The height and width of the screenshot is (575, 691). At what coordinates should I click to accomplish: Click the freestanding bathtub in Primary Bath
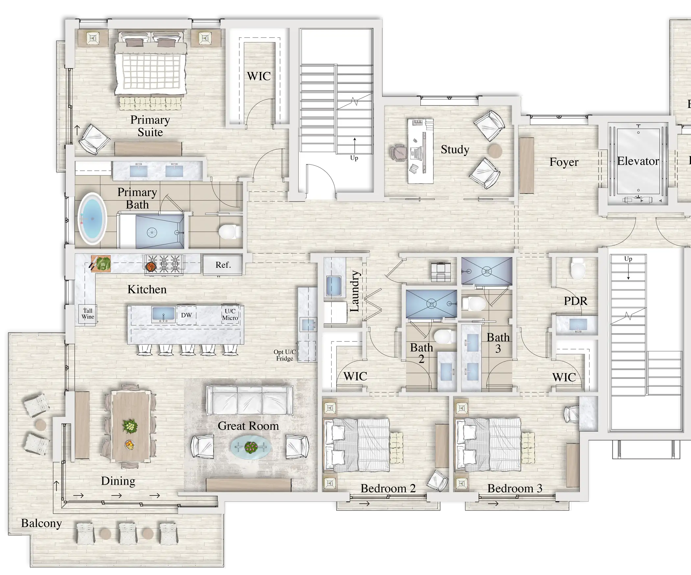coord(92,218)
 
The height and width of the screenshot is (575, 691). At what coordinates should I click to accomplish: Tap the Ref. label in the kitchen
coord(223,265)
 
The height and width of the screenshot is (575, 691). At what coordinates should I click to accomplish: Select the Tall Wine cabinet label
coord(88,313)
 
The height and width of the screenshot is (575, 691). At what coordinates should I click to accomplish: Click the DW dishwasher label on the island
coord(186,315)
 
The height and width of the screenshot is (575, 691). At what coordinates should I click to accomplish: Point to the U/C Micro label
coord(230,314)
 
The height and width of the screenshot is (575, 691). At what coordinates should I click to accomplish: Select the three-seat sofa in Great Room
coord(250,400)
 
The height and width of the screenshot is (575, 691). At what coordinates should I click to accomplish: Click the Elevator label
coord(638,161)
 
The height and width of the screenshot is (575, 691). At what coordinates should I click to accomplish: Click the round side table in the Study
coord(495,151)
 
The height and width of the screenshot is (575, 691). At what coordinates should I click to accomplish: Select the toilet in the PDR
coord(577,268)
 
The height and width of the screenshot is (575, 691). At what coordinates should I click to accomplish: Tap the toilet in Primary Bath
coord(230,232)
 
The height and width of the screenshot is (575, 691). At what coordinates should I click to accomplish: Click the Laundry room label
coord(354,291)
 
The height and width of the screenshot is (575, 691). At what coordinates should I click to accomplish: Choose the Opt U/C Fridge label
coord(285,355)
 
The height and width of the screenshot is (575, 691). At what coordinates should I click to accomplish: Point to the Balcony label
coord(41,523)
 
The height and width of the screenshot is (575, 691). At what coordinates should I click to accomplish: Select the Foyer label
coord(564,162)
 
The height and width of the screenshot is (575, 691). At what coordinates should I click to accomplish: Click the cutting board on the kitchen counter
coord(101,263)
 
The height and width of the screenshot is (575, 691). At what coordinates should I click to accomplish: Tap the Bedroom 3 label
coord(515,488)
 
